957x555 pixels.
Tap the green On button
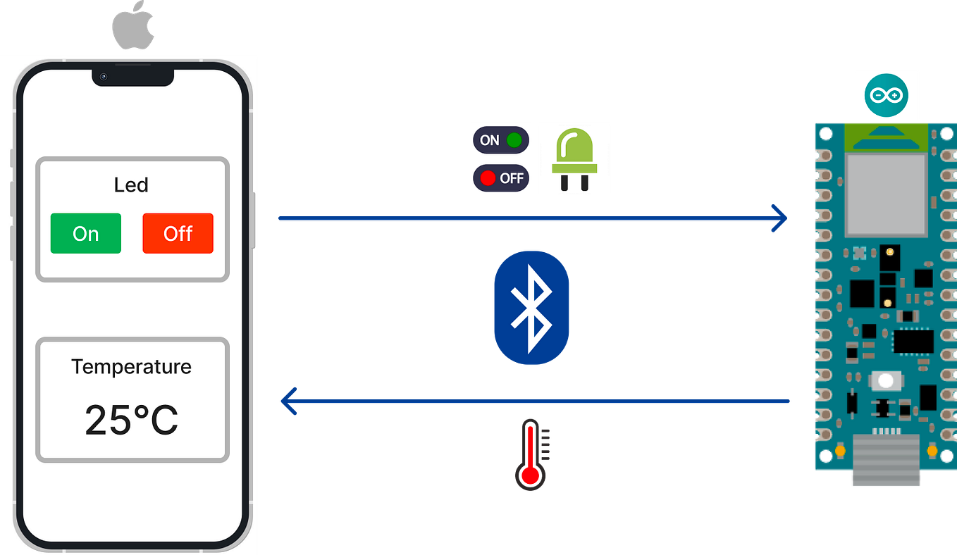85,233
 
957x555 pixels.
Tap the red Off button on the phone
178,233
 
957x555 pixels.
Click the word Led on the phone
131,185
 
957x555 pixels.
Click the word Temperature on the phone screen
131,367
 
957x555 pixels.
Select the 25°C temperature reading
131,420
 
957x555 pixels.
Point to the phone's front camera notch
132,76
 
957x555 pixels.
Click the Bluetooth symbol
531,307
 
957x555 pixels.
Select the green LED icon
574,159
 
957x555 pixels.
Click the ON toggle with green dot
500,140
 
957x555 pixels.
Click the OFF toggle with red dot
500,178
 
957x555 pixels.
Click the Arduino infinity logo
886,94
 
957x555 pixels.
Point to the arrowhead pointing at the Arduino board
779,219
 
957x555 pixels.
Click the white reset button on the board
886,381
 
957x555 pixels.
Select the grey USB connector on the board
886,461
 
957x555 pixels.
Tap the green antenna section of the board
886,137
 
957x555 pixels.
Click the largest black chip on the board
913,341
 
